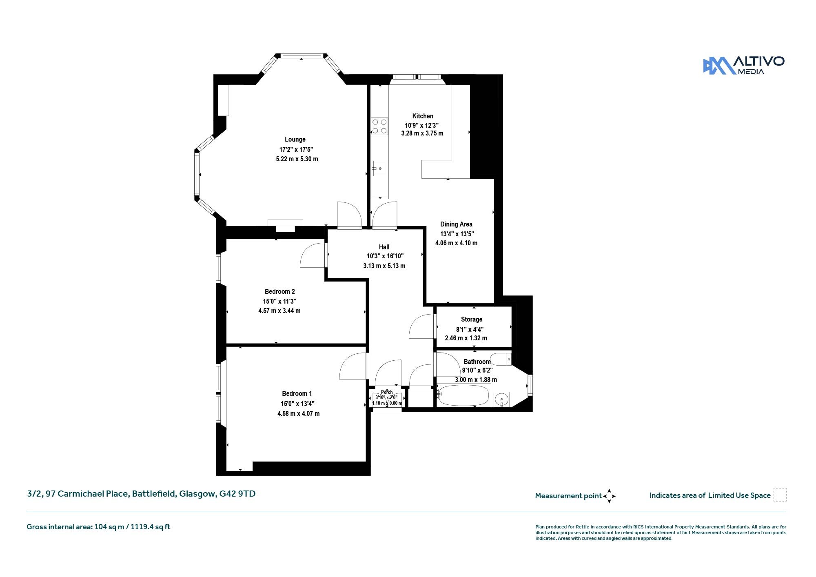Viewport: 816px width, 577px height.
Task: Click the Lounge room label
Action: (x=295, y=140)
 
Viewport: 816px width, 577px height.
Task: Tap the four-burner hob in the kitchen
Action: (x=379, y=126)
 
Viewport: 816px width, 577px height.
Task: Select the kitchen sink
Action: (x=379, y=168)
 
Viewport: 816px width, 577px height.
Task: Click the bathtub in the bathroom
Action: (x=463, y=396)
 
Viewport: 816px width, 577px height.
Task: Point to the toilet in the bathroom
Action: (x=501, y=360)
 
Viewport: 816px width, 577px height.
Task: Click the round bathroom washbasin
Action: (x=501, y=399)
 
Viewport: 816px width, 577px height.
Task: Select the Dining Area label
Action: (x=456, y=224)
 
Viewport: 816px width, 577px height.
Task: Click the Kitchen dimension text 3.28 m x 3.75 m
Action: (x=422, y=133)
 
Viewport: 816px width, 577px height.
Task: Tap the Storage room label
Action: (x=472, y=320)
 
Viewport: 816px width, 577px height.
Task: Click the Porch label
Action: (x=387, y=392)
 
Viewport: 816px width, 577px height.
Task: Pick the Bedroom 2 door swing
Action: (x=313, y=255)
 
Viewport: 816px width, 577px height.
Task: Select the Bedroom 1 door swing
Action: (x=353, y=366)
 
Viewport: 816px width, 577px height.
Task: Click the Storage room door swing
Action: (x=421, y=326)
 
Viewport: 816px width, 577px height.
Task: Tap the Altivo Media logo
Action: (x=743, y=66)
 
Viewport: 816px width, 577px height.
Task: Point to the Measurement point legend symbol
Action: (x=609, y=496)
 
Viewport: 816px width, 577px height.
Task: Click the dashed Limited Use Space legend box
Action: (x=780, y=495)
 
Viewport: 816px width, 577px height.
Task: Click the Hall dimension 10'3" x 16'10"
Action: (x=385, y=256)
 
